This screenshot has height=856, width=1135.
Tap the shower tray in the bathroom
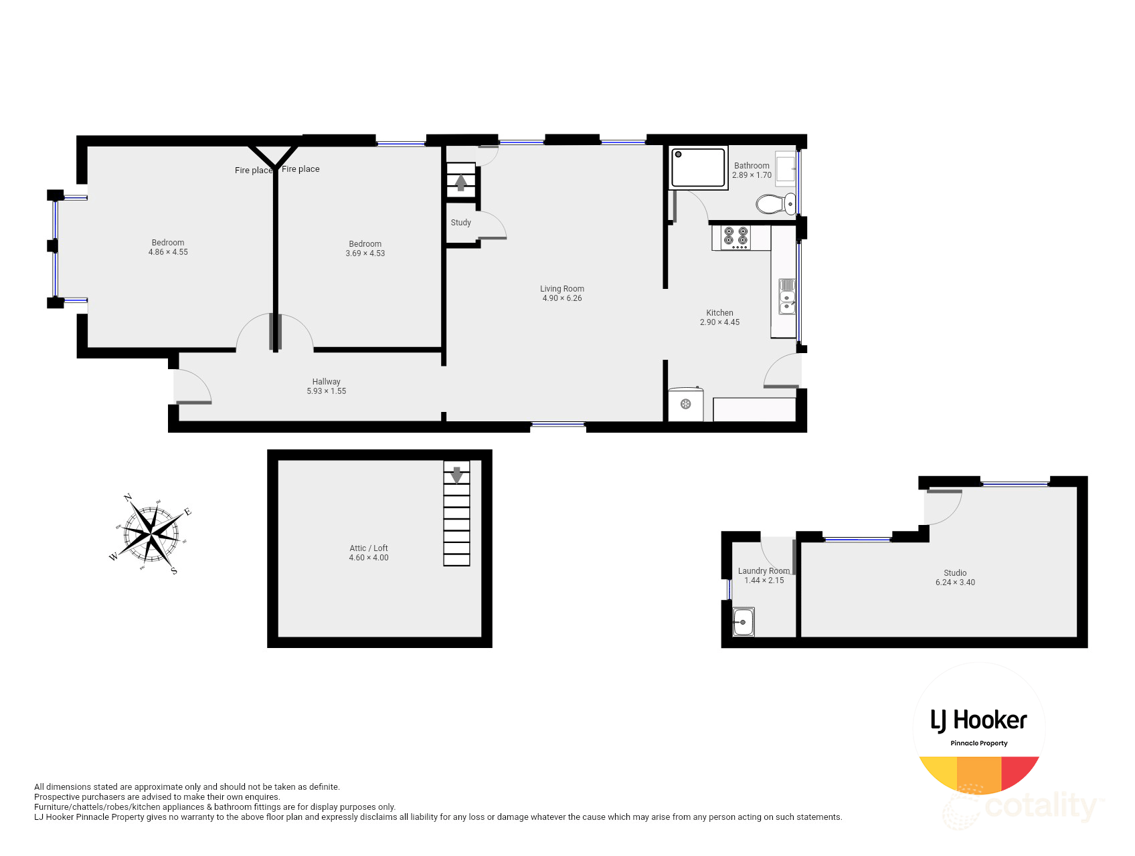[x=698, y=168]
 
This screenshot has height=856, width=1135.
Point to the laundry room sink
[x=743, y=622]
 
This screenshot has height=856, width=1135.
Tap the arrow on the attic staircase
[x=456, y=475]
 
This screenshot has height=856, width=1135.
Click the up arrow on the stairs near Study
[x=461, y=182]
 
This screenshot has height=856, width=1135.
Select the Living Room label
[x=562, y=289]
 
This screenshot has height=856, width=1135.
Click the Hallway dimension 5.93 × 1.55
[x=327, y=391]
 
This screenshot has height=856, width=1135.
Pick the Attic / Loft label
[x=369, y=548]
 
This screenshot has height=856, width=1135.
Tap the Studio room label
[x=955, y=573]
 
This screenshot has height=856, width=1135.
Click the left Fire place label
[x=253, y=171]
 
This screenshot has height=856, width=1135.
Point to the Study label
[x=461, y=223]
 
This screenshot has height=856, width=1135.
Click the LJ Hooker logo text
[x=978, y=720]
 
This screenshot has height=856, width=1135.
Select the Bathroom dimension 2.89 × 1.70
[x=752, y=175]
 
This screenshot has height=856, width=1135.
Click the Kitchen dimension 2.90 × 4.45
[x=719, y=322]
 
